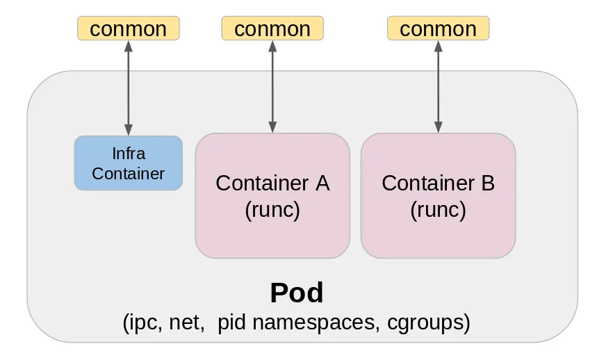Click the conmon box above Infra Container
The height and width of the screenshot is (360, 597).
point(128,28)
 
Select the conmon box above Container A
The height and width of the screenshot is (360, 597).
point(272,28)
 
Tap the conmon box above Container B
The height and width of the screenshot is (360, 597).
point(438,28)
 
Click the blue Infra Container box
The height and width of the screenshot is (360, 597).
point(128,163)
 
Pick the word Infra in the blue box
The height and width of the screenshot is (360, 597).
point(128,153)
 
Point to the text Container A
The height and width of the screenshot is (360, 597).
point(272,183)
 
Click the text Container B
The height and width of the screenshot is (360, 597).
point(438,183)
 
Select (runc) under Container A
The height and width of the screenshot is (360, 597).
point(272,209)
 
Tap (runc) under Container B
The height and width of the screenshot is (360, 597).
point(438,209)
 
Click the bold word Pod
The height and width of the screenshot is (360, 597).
point(297,293)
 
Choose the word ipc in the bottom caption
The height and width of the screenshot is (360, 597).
point(141,322)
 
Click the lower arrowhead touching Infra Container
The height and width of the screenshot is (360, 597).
point(128,129)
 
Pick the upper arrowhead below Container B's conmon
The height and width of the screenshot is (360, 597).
point(438,46)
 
